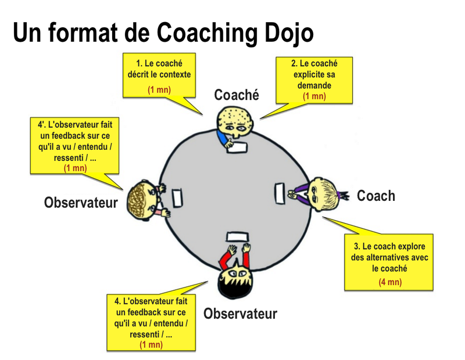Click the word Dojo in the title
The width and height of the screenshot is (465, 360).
click(289, 33)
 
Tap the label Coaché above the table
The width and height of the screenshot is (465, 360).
click(237, 95)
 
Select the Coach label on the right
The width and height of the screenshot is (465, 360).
click(375, 196)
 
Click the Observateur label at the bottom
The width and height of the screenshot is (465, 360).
click(240, 314)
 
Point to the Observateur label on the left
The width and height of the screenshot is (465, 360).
click(81, 203)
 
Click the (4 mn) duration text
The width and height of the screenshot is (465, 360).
click(390, 282)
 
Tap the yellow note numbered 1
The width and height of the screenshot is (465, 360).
click(159, 75)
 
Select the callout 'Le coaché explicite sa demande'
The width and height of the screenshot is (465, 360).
click(314, 80)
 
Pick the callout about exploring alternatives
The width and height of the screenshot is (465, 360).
click(388, 262)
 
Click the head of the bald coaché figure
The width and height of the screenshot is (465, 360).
click(235, 123)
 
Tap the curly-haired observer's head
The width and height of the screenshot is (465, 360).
click(141, 200)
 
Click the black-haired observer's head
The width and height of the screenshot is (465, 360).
click(235, 282)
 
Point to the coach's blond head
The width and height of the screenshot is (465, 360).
click(324, 193)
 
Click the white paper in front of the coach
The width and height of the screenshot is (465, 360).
click(280, 193)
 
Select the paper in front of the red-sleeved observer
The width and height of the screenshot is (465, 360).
click(238, 237)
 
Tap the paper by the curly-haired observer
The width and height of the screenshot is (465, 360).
click(177, 198)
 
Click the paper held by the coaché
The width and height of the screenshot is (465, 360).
click(237, 147)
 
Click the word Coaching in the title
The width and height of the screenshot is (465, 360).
click(207, 33)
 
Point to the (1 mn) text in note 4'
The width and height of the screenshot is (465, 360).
click(76, 168)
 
